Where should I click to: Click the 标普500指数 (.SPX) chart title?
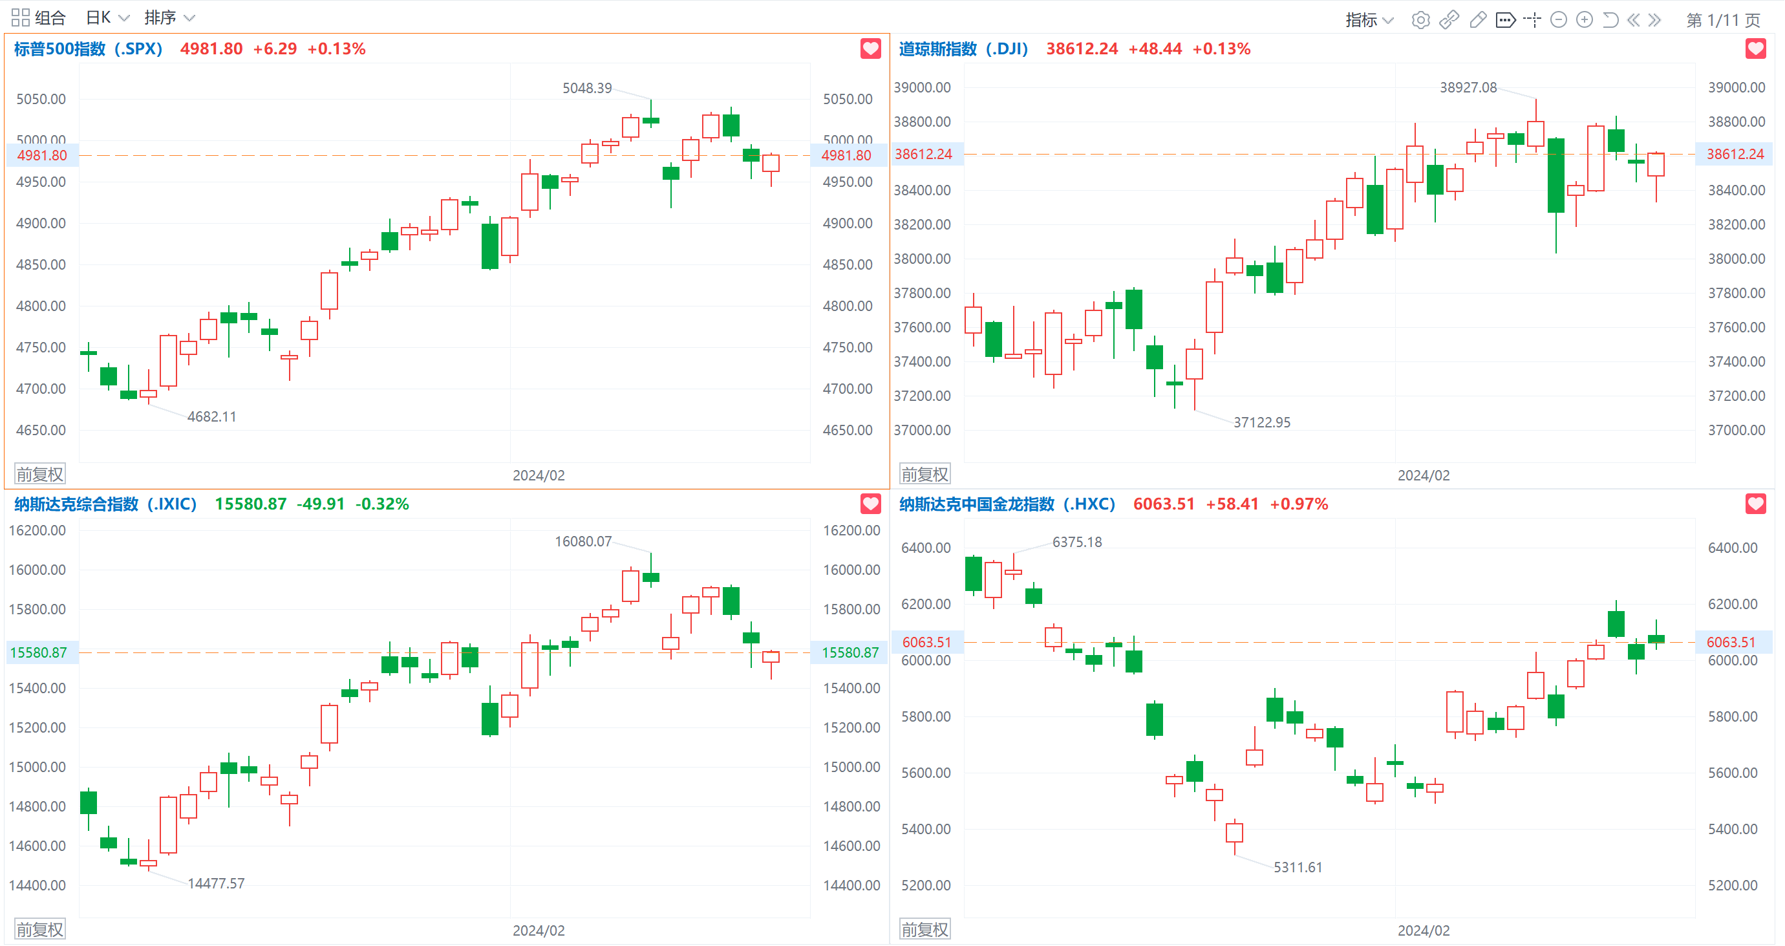pyautogui.click(x=88, y=48)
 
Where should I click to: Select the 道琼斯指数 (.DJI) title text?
pyautogui.click(x=963, y=48)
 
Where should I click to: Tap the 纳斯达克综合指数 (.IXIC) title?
pyautogui.click(x=105, y=504)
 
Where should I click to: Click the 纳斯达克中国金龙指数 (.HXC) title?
pyautogui.click(x=1007, y=504)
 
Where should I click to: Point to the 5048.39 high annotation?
pyautogui.click(x=587, y=88)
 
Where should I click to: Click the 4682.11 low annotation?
pyautogui.click(x=212, y=416)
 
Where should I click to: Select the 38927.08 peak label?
pyautogui.click(x=1468, y=87)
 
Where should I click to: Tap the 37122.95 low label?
pyautogui.click(x=1262, y=422)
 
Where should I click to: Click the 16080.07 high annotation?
pyautogui.click(x=583, y=541)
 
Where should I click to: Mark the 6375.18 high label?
pyautogui.click(x=1077, y=542)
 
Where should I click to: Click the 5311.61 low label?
pyautogui.click(x=1298, y=868)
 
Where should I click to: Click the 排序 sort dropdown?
pyautogui.click(x=170, y=17)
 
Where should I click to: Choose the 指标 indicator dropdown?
pyautogui.click(x=1369, y=19)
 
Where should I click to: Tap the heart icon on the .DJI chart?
pyautogui.click(x=1755, y=48)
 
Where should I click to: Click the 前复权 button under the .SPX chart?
pyautogui.click(x=40, y=474)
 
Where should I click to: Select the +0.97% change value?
pyautogui.click(x=1299, y=504)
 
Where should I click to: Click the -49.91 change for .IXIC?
pyautogui.click(x=321, y=504)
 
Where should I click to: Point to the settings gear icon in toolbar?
pyautogui.click(x=1420, y=19)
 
